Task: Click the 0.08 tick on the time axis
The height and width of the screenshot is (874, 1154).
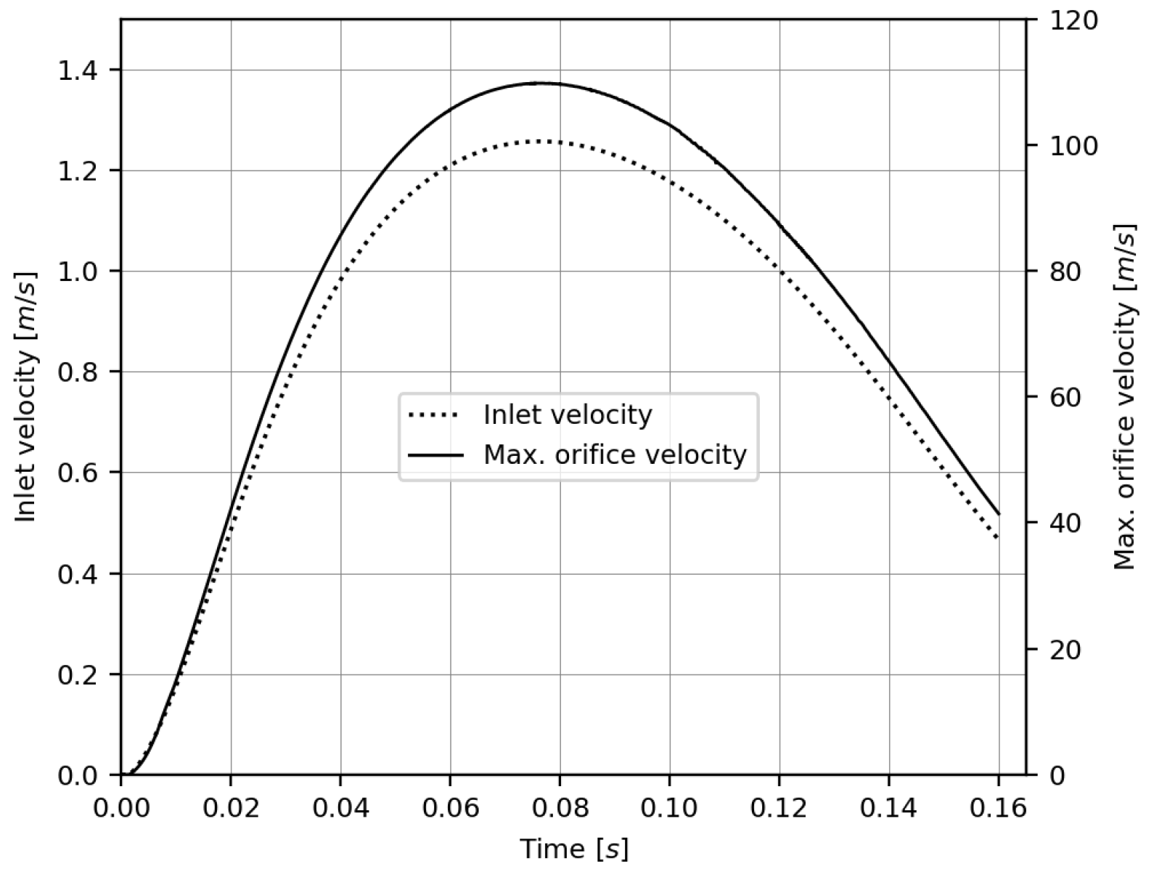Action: click(x=560, y=808)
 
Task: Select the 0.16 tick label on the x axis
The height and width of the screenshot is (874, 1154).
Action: click(x=999, y=808)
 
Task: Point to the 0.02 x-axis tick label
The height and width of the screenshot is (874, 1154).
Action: click(x=231, y=808)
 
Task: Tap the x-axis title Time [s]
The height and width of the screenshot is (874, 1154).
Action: click(x=573, y=848)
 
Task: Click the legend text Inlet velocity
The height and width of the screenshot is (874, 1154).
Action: click(x=568, y=415)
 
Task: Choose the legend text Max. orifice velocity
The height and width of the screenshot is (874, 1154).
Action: click(x=615, y=455)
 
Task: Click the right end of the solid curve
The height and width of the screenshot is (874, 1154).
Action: click(x=999, y=514)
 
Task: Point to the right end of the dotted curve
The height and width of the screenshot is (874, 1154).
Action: click(x=999, y=538)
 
